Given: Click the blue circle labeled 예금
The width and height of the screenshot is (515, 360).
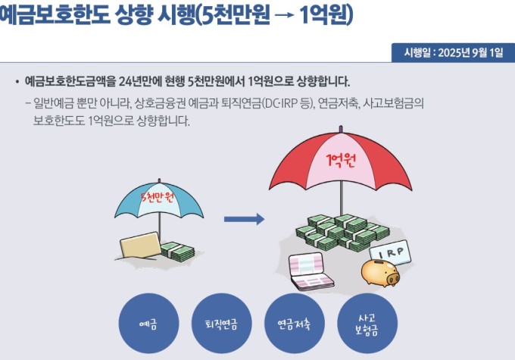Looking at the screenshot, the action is [148, 323].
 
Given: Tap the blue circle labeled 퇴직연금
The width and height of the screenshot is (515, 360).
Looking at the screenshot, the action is [221, 323].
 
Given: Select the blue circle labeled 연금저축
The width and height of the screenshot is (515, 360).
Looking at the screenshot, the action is [295, 323].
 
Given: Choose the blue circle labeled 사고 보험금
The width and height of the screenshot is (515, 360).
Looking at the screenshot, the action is [367, 323].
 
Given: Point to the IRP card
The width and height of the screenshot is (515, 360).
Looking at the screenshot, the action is [390, 252].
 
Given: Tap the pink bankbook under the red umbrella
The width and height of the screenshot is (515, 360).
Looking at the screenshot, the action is [311, 271].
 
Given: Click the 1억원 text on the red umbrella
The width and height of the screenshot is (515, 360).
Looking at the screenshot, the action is [341, 160].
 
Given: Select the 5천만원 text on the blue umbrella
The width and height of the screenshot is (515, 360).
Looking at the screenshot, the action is [157, 197].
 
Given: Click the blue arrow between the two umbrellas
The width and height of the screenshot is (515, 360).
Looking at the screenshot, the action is [244, 219].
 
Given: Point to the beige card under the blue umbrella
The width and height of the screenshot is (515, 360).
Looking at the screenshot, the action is [140, 245].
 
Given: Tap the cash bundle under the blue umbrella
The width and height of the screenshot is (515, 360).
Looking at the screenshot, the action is [177, 252].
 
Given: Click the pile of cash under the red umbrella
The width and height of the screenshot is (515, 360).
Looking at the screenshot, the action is [342, 232].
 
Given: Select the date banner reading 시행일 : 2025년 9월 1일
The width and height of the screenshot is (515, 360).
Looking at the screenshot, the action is [453, 52].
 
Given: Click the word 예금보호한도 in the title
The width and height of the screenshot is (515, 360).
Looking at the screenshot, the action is [55, 14].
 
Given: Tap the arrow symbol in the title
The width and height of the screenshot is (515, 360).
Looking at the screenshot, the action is [285, 15].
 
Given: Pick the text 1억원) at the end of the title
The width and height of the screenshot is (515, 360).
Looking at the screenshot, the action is [326, 15].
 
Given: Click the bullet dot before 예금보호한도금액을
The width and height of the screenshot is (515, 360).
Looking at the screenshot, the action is [17, 82].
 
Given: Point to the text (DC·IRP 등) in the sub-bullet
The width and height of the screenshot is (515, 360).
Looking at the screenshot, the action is [288, 104].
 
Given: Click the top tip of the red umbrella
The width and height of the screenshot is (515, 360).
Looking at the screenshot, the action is [341, 127].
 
